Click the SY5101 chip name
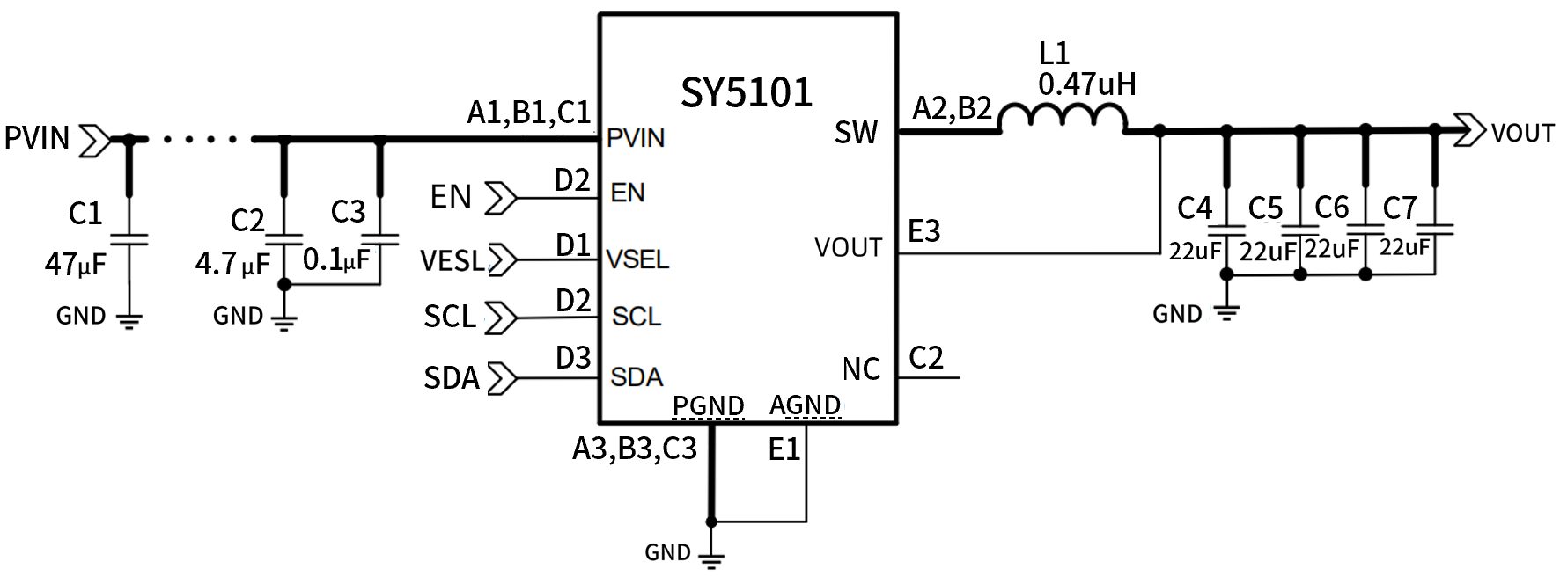(x=746, y=92)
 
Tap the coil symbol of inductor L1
(x=1063, y=120)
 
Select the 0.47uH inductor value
(x=1086, y=84)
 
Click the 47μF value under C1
(x=76, y=263)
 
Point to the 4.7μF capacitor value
(x=232, y=263)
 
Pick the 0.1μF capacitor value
(x=336, y=259)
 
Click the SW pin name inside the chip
(x=856, y=133)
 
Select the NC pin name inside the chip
(x=860, y=369)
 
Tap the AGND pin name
(x=805, y=405)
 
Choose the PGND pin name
(x=708, y=405)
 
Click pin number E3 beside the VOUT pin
(x=923, y=231)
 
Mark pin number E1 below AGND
(x=784, y=449)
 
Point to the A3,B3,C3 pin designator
(x=634, y=449)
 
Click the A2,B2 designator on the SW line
(x=952, y=108)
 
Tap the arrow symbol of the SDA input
(x=502, y=378)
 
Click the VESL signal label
(x=452, y=260)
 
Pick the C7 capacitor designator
(x=1399, y=208)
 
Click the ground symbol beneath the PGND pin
(x=711, y=558)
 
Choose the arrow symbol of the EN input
(x=501, y=198)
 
